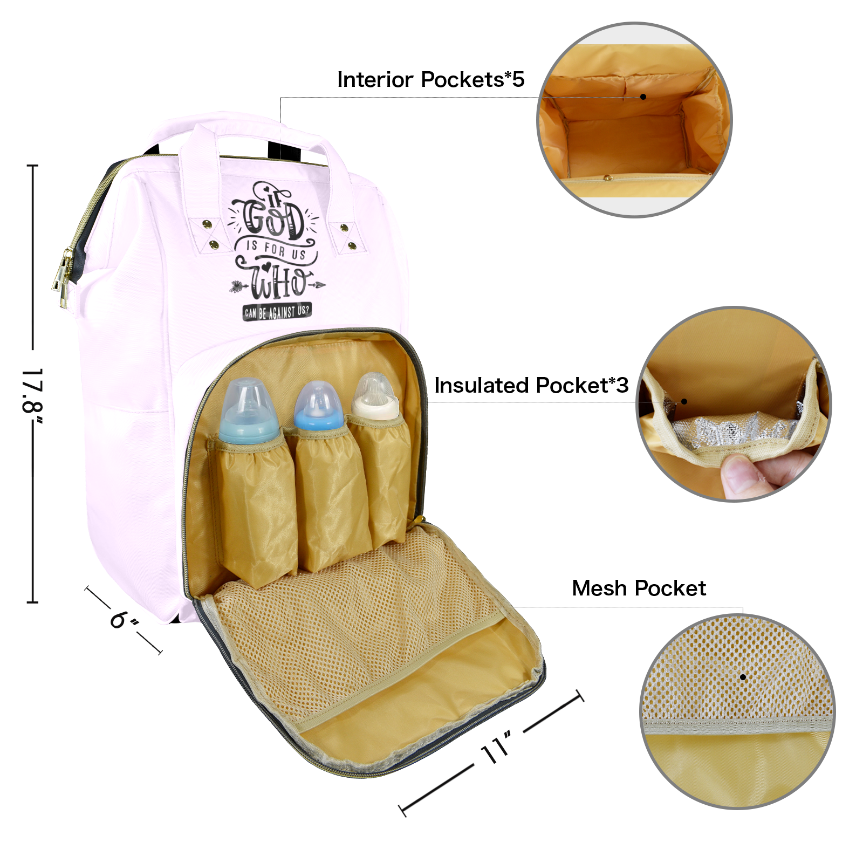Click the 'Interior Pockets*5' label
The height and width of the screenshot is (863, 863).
pyautogui.click(x=430, y=80)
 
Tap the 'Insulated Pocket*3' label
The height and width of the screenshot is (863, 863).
pyautogui.click(x=531, y=386)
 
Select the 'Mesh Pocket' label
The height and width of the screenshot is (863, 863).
pyautogui.click(x=639, y=588)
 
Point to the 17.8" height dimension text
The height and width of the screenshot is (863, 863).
pyautogui.click(x=32, y=391)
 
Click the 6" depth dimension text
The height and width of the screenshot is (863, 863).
pyautogui.click(x=124, y=620)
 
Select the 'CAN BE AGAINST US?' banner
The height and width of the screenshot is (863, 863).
pyautogui.click(x=277, y=312)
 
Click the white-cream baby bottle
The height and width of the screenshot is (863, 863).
pyautogui.click(x=375, y=398)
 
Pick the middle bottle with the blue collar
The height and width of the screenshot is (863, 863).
pyautogui.click(x=318, y=406)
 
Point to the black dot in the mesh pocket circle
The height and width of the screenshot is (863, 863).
pyautogui.click(x=743, y=677)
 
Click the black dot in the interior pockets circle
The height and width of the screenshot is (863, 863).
pyautogui.click(x=643, y=97)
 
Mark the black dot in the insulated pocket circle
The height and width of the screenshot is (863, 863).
pyautogui.click(x=684, y=401)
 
